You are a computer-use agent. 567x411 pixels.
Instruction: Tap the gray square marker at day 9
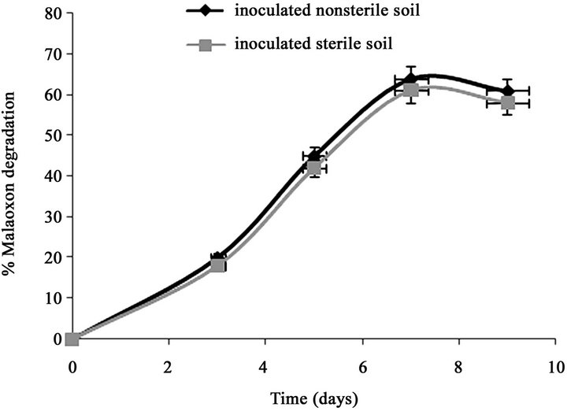pos(508,102)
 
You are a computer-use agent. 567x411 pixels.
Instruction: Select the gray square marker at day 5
pos(313,167)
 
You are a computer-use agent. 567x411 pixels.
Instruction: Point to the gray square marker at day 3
pos(218,265)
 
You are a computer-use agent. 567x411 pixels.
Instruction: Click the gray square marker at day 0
pos(72,339)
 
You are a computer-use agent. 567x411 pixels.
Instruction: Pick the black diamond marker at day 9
pos(508,91)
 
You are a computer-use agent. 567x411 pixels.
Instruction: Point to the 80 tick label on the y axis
pos(53,13)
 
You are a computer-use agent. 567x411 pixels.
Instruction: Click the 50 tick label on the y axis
pos(53,135)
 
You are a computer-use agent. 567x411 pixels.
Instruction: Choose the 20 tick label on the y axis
pos(53,257)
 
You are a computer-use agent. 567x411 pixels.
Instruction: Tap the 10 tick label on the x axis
pos(556,366)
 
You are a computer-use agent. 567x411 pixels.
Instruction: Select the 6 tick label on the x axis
pos(362,366)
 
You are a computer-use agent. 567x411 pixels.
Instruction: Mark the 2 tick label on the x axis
pos(169,366)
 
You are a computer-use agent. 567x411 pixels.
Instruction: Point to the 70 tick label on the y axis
pos(53,54)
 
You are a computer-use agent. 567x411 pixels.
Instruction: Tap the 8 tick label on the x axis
pos(459,366)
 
